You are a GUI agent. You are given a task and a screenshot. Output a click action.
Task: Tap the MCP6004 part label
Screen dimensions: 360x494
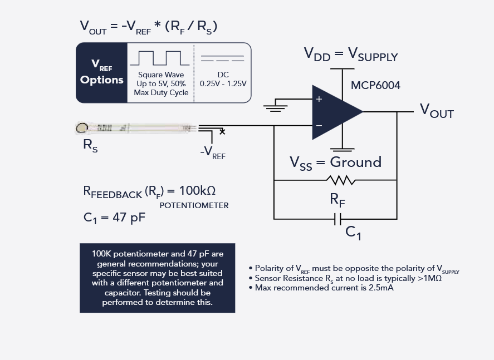tap(375, 86)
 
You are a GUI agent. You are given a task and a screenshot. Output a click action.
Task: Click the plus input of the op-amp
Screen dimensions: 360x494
tap(319, 100)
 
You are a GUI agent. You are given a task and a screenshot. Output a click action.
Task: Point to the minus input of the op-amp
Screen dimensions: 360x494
tap(319, 126)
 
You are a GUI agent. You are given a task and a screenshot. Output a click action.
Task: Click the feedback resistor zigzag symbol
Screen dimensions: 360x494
tap(340, 180)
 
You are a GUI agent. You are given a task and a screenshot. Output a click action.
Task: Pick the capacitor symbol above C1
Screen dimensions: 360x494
tap(337, 219)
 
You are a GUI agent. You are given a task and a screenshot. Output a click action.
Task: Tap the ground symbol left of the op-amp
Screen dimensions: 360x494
tap(275, 106)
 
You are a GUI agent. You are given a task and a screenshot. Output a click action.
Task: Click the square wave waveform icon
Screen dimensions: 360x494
tap(160, 58)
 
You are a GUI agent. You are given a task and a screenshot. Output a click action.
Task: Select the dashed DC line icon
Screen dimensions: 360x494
tap(222, 58)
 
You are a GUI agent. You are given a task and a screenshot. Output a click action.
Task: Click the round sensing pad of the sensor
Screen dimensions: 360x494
tap(82, 129)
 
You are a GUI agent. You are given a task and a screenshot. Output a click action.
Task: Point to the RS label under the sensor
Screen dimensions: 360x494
tap(90, 146)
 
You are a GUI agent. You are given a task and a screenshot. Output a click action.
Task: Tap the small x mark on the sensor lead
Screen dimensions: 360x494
tap(222, 132)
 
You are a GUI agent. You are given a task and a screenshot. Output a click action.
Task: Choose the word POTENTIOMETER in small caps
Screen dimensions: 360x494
tap(194, 205)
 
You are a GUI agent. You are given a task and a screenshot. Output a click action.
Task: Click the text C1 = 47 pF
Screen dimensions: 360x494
tap(115, 218)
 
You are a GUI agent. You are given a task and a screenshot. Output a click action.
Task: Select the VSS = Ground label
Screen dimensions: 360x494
tap(335, 162)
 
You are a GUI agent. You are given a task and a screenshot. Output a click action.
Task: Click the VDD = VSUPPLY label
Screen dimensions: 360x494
tap(350, 55)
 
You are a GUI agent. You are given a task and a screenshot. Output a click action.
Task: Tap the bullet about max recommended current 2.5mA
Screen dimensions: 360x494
tap(324, 288)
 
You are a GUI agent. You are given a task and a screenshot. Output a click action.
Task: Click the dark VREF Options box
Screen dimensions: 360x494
tap(102, 73)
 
